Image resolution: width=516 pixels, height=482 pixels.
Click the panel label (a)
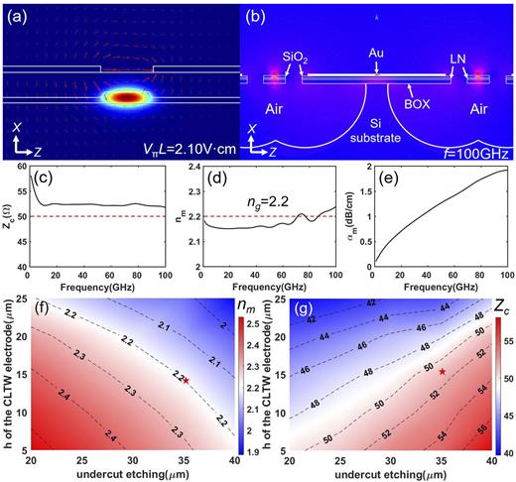[19, 15]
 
